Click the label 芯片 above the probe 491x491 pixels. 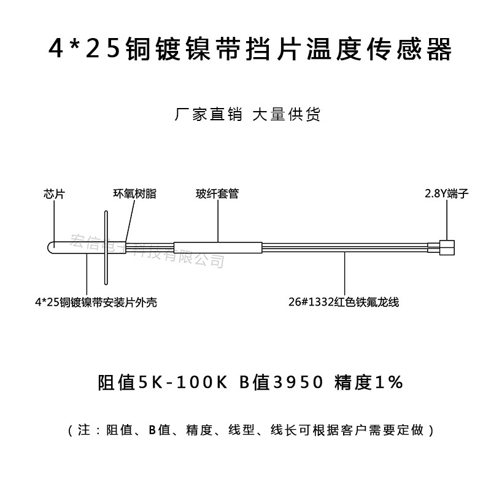(x=55, y=194)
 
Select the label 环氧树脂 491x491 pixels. (x=134, y=194)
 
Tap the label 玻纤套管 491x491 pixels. (x=217, y=194)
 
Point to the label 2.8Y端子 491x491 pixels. (x=446, y=194)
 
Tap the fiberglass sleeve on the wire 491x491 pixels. (x=218, y=247)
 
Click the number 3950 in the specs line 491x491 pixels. (x=298, y=383)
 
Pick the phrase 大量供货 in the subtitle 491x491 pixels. (x=287, y=115)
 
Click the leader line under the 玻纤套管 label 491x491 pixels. (x=218, y=220)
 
